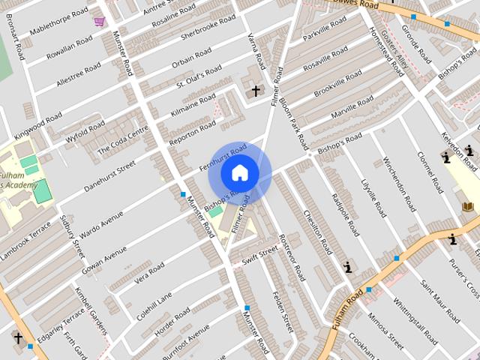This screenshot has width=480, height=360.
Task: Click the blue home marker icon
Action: [x=239, y=173]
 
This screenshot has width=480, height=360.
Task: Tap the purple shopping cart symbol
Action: [x=99, y=21]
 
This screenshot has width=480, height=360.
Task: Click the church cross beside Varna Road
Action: [x=256, y=91]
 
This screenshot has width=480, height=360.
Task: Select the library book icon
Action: [x=469, y=206]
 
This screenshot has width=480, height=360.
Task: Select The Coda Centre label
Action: [x=123, y=139]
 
